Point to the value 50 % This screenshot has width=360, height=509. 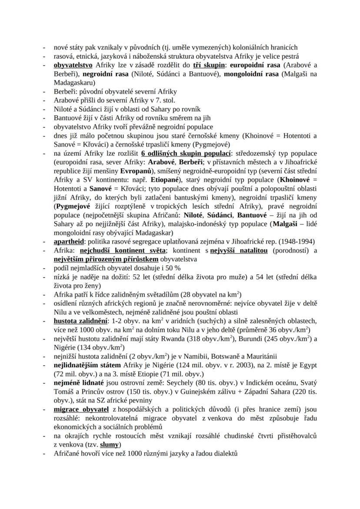coord(172,268)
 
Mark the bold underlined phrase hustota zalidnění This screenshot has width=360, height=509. coord(81,321)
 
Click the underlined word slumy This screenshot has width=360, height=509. coord(110,445)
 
